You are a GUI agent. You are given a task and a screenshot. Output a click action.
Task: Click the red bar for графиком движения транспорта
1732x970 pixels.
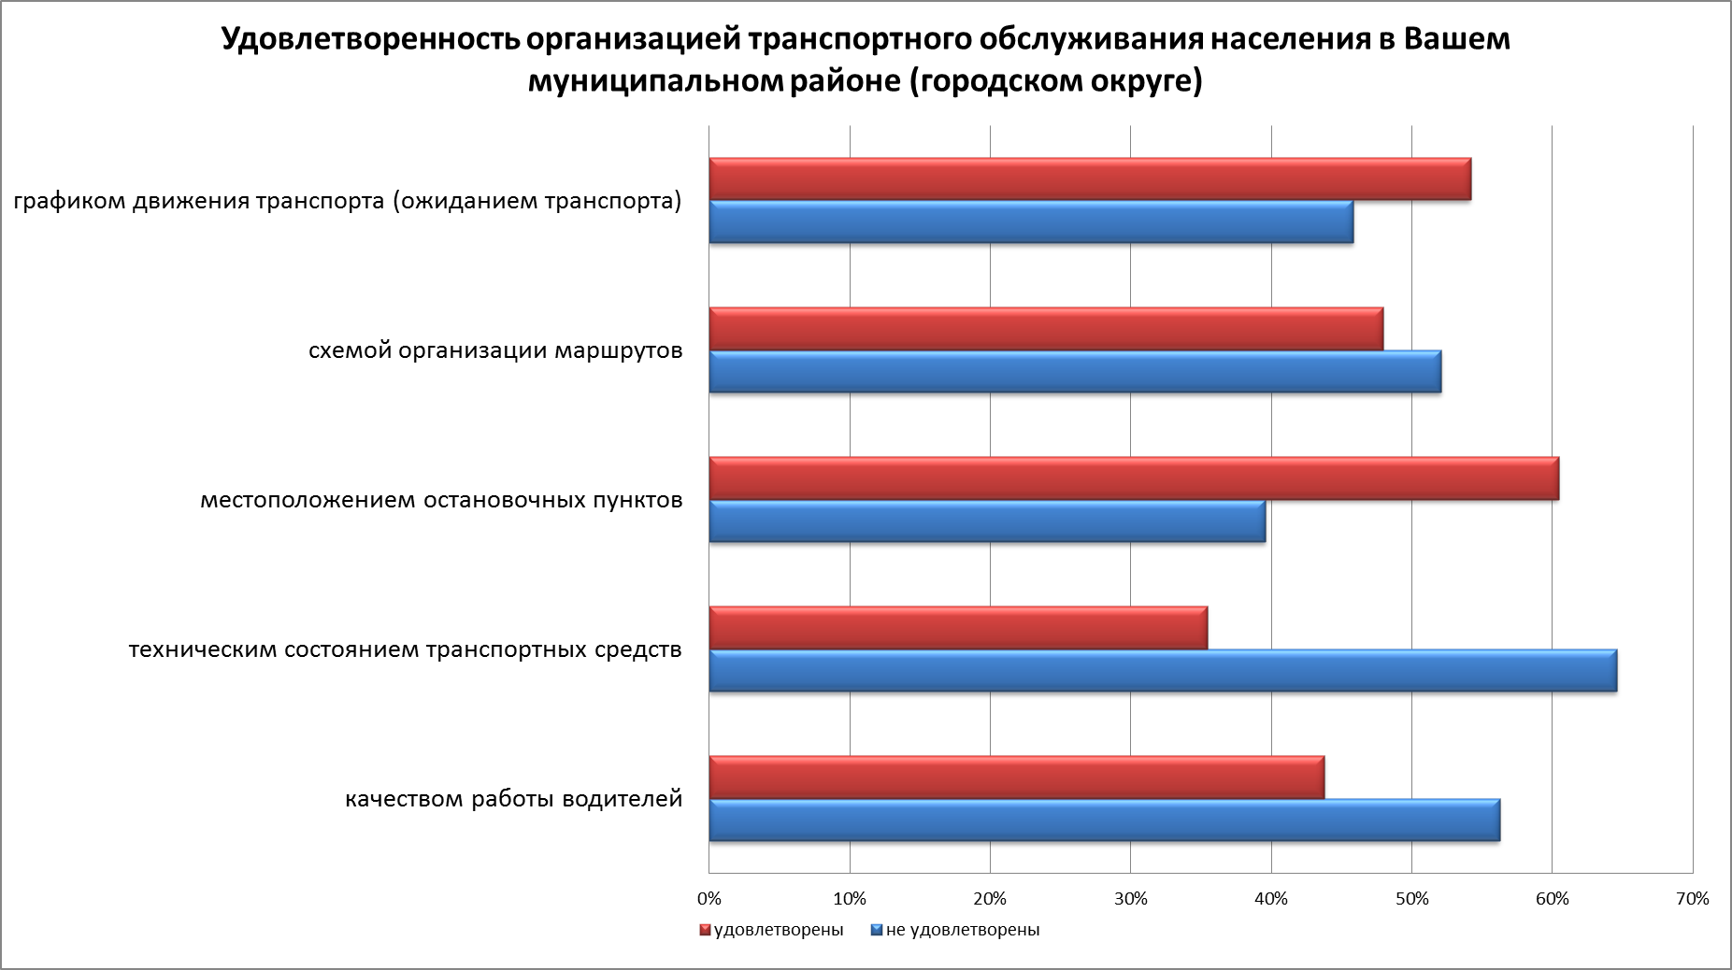coord(1089,178)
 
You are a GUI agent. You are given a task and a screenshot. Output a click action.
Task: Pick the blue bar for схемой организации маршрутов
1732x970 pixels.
coord(1074,372)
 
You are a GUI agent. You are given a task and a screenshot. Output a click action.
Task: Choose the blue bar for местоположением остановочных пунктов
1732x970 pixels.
coord(986,521)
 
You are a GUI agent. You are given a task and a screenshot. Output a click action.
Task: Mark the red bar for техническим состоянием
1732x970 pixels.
coord(957,627)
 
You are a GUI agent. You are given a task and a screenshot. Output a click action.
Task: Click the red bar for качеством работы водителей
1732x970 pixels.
coord(1016,777)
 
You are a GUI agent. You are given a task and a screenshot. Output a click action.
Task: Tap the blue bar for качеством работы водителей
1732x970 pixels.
coord(1104,820)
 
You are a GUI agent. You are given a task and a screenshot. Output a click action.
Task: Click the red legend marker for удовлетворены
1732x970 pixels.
coord(706,931)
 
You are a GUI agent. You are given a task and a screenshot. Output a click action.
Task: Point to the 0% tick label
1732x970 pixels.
coord(709,899)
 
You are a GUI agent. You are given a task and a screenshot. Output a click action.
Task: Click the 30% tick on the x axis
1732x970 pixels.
coord(1131,899)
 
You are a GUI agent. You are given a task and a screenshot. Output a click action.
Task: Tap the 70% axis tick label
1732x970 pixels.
coord(1693,899)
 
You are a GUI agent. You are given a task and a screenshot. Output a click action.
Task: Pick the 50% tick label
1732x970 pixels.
coord(1411,899)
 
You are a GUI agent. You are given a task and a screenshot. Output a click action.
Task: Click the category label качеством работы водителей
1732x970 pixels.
coord(514,800)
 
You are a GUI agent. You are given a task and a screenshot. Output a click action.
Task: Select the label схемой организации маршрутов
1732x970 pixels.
coord(495,351)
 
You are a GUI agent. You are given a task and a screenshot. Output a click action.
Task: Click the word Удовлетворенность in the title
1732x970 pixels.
coord(369,40)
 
